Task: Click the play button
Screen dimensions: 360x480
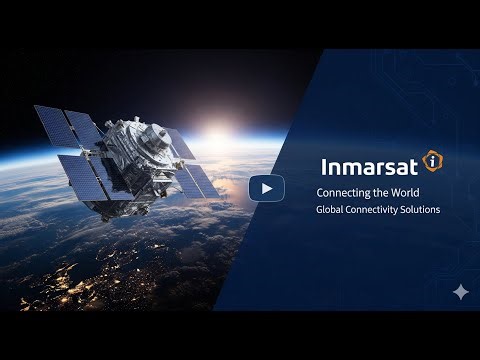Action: [x=266, y=188]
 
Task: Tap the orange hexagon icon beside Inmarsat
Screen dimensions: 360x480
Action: [x=431, y=161]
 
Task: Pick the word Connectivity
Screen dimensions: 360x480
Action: [x=375, y=210]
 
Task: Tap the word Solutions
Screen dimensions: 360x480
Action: [x=421, y=210]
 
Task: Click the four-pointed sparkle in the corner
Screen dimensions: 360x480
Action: [x=460, y=292]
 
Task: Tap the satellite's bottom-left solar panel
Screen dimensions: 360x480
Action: [x=85, y=180]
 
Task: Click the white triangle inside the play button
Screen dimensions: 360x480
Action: [x=267, y=188]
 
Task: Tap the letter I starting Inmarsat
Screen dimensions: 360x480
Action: [x=324, y=165]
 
